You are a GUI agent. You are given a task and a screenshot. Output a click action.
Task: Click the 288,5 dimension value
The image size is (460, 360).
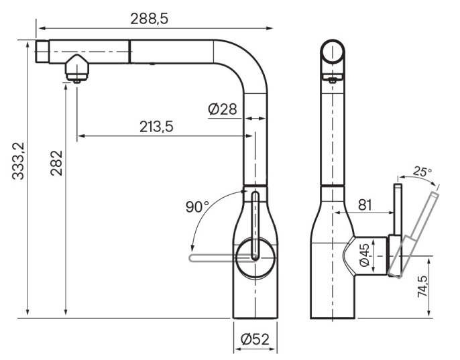[x=150, y=19]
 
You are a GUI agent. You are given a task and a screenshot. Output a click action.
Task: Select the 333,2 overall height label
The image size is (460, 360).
[x=18, y=161]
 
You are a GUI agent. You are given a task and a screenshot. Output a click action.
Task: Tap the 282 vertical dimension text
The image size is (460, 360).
[x=56, y=163]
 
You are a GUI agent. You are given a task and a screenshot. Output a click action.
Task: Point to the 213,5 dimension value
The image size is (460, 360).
[x=156, y=127]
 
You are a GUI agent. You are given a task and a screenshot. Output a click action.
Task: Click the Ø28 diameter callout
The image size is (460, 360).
[x=223, y=109]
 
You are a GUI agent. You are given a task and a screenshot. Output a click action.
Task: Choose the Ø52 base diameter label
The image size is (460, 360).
[x=255, y=339]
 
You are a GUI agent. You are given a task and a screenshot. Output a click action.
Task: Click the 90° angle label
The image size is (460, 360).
[x=197, y=206]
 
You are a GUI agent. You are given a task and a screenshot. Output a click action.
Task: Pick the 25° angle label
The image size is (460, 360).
[x=422, y=172]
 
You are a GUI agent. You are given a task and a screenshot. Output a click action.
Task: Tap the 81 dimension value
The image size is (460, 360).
[x=365, y=204]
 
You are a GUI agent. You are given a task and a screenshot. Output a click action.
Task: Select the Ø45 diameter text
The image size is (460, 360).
[x=364, y=255]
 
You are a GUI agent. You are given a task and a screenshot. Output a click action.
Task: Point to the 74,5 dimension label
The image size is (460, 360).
[x=422, y=286]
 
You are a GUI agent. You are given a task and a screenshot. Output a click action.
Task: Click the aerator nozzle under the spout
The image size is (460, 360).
[x=76, y=68]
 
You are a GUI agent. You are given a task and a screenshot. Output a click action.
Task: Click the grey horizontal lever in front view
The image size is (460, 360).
[x=221, y=258]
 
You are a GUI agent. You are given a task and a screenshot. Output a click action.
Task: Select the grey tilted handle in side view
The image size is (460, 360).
[x=413, y=235]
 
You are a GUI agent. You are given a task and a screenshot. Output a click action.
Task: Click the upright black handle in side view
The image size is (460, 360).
[x=398, y=210]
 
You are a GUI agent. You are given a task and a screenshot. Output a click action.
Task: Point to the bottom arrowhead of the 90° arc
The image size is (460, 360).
[x=192, y=247]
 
